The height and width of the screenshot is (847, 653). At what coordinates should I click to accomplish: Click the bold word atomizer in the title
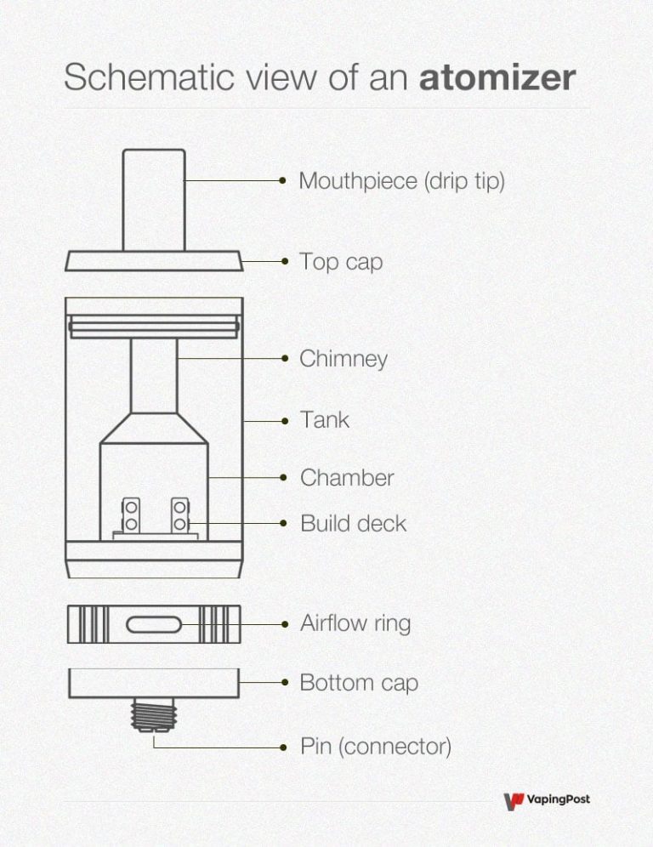coord(497,78)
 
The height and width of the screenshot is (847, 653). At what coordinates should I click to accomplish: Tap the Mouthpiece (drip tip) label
coord(401,181)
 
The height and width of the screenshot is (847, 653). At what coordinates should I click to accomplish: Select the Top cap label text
coord(341,261)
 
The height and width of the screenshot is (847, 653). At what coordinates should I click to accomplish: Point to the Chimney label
coord(344,358)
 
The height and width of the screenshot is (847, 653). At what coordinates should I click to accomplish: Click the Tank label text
coord(324,419)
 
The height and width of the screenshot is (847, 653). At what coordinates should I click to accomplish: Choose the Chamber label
coord(347,477)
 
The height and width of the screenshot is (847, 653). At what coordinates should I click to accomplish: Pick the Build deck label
coord(353,523)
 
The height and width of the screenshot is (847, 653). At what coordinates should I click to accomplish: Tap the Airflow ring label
coord(355,623)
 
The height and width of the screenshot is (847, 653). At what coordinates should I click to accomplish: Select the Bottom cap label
coord(359,682)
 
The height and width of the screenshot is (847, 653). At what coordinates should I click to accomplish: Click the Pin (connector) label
coord(375,747)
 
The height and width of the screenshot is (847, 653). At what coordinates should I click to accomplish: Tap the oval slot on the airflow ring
coord(154,625)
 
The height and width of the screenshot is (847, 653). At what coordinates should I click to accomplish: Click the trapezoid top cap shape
coord(154,261)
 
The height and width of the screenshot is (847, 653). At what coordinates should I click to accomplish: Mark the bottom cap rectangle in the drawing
coord(154,682)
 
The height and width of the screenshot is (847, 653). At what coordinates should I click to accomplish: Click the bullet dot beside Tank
coord(282,420)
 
